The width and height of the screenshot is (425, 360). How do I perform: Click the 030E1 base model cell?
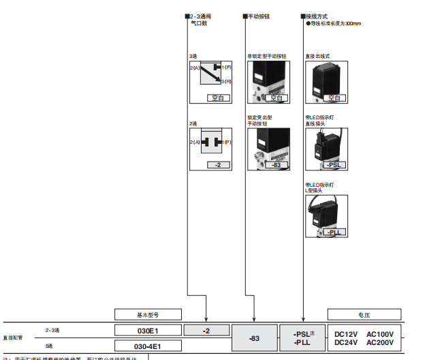coord(148,330)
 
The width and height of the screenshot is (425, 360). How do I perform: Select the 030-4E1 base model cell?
coord(148,346)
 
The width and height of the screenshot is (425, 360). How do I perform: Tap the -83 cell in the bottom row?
coord(254,338)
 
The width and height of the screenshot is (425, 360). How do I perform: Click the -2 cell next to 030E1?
coord(206,330)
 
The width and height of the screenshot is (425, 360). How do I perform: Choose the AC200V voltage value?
coord(380,343)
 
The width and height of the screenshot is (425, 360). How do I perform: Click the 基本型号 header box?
coord(148,314)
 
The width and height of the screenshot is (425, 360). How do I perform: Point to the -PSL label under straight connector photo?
coord(335,165)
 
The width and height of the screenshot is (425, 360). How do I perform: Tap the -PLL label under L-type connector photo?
coord(335,232)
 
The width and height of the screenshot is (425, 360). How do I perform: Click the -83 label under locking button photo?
coord(276,165)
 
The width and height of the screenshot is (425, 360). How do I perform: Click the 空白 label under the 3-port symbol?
coord(218,98)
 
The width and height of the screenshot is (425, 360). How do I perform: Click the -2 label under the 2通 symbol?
coord(218,165)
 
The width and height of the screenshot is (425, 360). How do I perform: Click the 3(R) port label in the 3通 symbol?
coord(227,81)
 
